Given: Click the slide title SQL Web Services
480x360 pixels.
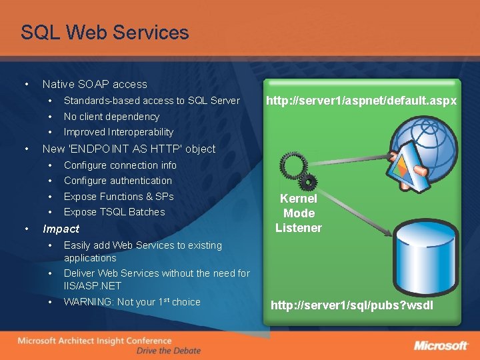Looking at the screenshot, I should click(105, 32).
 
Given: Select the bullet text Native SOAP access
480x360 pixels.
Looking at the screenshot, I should click(95, 84).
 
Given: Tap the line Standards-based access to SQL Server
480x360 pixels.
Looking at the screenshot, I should click(151, 101).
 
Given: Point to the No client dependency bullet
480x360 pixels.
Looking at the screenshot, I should click(111, 117).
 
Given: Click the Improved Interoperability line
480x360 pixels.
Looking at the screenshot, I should click(118, 132).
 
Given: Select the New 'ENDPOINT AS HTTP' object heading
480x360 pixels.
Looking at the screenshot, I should click(129, 149).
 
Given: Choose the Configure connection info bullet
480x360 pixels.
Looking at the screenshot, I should click(120, 165).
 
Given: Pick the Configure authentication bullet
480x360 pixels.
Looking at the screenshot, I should click(117, 181).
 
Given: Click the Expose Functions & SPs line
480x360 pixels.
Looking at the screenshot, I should click(118, 197).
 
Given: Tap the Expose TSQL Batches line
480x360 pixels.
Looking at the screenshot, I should click(114, 212).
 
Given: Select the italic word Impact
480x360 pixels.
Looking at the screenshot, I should click(61, 229).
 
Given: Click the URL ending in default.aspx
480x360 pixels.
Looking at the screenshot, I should click(361, 101).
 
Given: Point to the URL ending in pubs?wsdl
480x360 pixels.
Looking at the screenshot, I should click(351, 305).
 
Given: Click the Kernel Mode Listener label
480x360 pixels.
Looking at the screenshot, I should click(298, 213).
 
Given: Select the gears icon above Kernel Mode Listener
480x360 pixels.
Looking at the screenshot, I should click(299, 171).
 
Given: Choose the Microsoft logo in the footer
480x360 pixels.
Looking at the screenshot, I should click(441, 345).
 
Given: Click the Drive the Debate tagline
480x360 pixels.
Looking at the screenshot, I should click(167, 351).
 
